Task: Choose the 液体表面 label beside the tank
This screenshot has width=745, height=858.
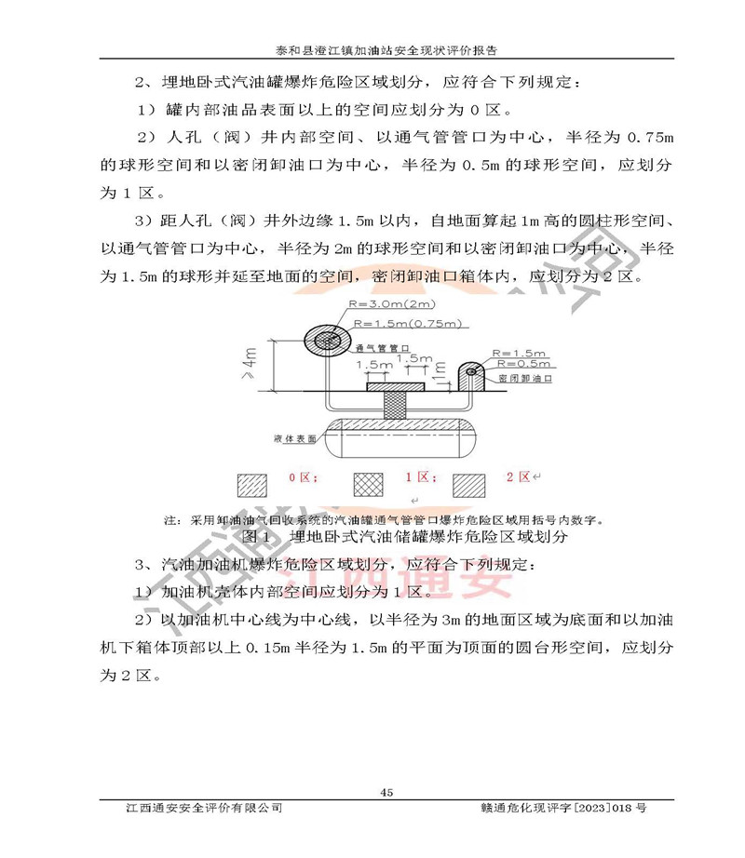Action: click(x=295, y=436)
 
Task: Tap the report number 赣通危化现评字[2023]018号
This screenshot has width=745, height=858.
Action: click(x=560, y=808)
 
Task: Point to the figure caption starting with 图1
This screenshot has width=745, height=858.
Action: click(x=403, y=537)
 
